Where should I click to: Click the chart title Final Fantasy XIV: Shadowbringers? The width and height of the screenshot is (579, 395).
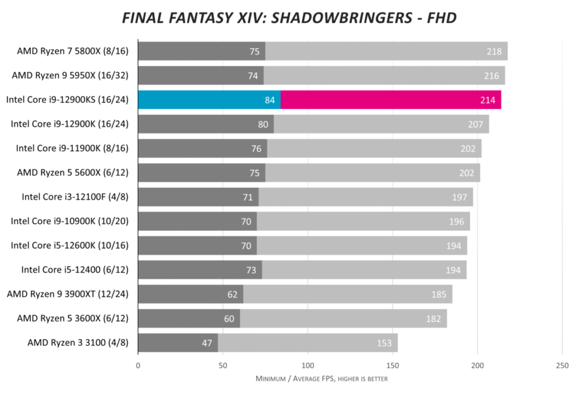coord(289,18)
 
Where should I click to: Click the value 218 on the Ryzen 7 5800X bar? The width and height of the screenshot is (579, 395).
coord(494,51)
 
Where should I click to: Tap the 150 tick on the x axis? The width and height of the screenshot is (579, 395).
coord(392,365)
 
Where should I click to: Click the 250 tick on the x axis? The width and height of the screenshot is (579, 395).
coord(561,365)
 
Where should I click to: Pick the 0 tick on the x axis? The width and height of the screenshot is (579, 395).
coord(138,365)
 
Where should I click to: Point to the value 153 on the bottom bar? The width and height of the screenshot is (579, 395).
coord(384,343)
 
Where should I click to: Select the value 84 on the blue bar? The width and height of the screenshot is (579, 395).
coord(270,100)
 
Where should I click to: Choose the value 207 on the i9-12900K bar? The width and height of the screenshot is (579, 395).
coord(476,124)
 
